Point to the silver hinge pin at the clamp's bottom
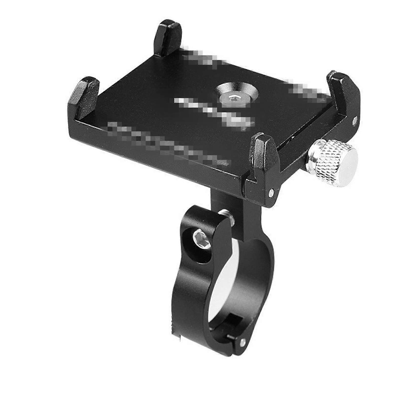(244, 342)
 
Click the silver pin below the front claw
(272, 192)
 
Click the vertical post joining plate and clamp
(228, 203)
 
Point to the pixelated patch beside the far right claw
(304, 88)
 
